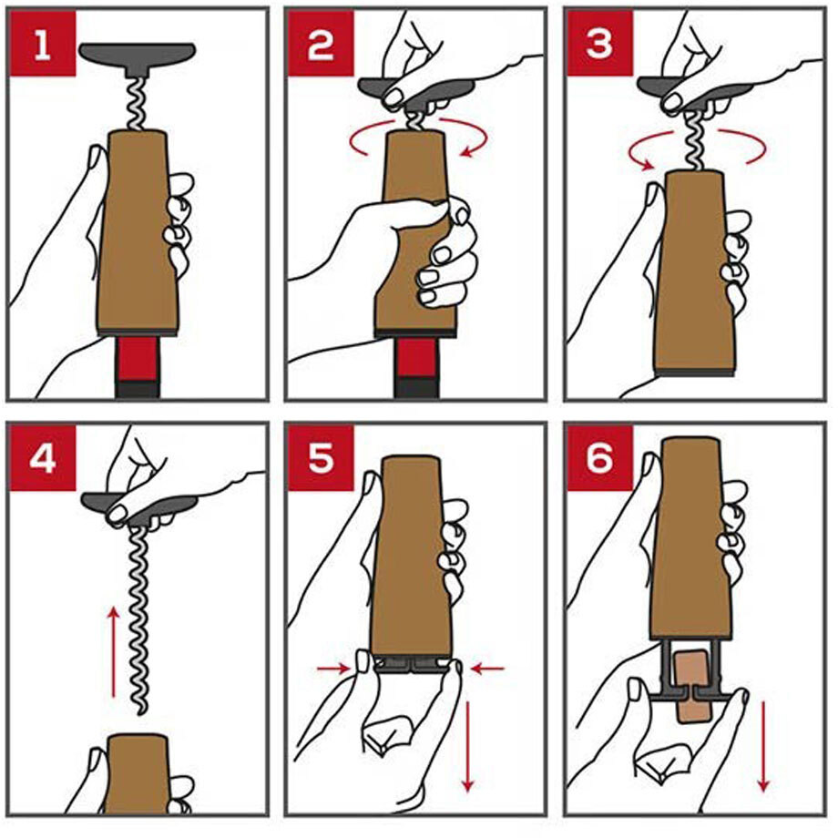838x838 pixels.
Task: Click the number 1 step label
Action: point(42,45)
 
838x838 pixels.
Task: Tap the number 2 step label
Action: point(321,45)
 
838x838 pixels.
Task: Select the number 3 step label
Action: point(599,45)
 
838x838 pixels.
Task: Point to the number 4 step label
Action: point(42,458)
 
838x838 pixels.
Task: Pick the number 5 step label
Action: point(321,458)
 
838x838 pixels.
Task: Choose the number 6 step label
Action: point(599,458)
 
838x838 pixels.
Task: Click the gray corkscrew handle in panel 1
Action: point(138,58)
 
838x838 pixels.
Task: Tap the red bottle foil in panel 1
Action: point(138,358)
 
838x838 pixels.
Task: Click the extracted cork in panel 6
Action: point(693,688)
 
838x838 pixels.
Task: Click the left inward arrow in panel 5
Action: point(333,668)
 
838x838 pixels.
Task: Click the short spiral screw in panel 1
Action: point(138,104)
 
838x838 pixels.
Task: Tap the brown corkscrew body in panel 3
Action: point(693,271)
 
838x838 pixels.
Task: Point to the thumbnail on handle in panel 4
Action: point(116,513)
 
